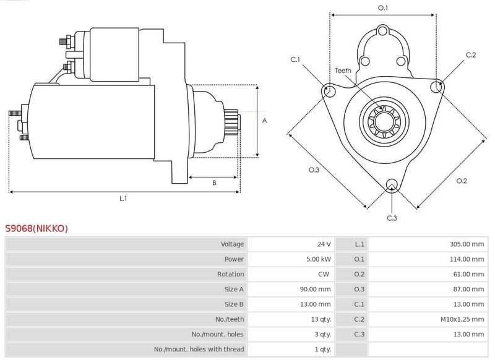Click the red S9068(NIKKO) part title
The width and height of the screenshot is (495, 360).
(37, 228)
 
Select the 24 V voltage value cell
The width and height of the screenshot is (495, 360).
(324, 244)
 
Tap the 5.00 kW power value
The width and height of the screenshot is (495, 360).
(319, 259)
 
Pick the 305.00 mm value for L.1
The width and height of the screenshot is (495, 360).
(467, 244)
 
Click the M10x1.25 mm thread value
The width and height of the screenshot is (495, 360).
(462, 319)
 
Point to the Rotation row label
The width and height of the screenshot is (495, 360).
(230, 274)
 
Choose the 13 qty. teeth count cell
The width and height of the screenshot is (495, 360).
(321, 319)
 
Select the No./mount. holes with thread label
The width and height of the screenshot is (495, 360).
(199, 349)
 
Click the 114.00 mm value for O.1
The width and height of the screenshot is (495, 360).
(467, 259)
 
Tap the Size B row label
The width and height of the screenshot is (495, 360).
(234, 304)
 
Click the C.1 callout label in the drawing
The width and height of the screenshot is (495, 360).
(295, 59)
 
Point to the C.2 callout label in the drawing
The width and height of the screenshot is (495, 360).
(471, 55)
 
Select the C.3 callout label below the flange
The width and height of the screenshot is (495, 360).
(392, 218)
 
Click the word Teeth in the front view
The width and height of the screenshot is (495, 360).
(343, 71)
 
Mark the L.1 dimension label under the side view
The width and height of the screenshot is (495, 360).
(123, 199)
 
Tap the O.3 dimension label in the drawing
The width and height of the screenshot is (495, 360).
(314, 169)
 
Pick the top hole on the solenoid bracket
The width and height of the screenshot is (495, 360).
(382, 31)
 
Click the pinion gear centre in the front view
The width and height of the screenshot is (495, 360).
(384, 121)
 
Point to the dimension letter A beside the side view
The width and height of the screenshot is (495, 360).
(265, 121)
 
